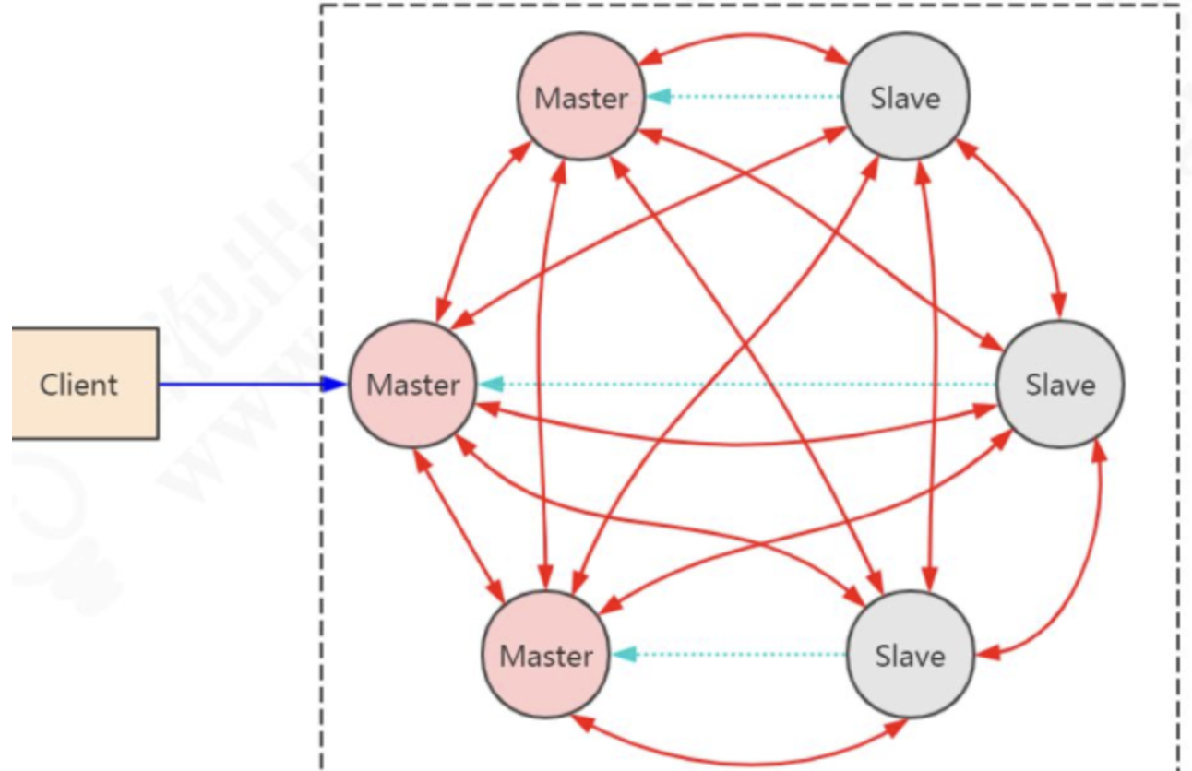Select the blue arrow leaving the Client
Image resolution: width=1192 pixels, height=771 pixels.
coord(240,384)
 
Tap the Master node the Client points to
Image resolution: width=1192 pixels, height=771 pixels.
coord(412,384)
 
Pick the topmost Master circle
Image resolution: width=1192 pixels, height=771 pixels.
coord(581,97)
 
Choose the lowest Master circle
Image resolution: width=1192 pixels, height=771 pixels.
coord(546,656)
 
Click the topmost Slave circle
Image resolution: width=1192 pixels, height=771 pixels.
coord(905,97)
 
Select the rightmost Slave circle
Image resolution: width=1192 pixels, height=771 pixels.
coord(1060,384)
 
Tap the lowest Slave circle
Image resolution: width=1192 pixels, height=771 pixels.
coord(910,656)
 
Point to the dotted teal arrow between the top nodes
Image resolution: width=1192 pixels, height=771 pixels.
coord(744,96)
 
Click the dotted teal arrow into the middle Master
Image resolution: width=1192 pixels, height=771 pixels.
coord(738,384)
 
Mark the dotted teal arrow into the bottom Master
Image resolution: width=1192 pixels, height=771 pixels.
coord(729,655)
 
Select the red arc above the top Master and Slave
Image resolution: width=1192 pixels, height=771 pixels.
coord(744,37)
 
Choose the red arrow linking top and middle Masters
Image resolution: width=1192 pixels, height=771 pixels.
coord(475,231)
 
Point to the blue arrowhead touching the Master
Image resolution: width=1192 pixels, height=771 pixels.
coord(334,384)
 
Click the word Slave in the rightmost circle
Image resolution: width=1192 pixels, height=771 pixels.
coord(1060,384)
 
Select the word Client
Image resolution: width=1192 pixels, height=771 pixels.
coord(78,384)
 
